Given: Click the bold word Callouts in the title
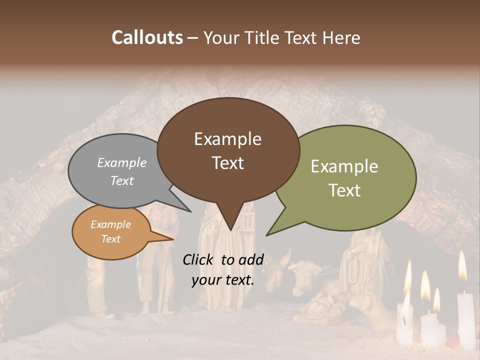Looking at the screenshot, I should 147,37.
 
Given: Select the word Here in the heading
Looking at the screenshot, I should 341,38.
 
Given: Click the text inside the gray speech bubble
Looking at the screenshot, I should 122,171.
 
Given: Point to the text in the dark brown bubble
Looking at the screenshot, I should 228,150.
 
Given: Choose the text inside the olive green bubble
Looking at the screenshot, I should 344,178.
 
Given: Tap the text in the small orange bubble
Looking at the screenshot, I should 110,231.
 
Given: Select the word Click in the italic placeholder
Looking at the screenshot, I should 199,259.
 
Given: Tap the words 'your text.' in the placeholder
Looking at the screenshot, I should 223,280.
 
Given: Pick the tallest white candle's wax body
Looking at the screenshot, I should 465,320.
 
